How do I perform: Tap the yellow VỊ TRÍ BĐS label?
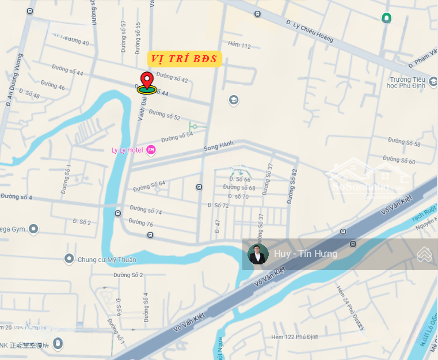(184, 58)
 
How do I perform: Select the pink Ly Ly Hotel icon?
(151, 150)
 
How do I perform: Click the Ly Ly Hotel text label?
(127, 150)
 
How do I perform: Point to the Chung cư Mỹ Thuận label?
(107, 260)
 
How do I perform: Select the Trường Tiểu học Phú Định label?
(406, 83)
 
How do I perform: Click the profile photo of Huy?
(258, 254)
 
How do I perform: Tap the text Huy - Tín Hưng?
(306, 254)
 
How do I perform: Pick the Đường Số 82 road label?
(294, 181)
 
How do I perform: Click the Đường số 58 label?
(404, 142)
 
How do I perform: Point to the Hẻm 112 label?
(239, 45)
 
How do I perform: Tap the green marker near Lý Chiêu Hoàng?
(387, 18)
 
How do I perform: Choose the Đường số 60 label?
(399, 160)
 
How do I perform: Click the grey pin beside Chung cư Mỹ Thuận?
(70, 259)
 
